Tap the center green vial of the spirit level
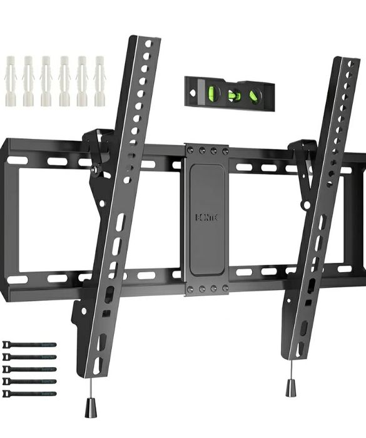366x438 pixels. [x=235, y=95]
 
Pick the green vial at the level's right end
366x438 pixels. [x=255, y=96]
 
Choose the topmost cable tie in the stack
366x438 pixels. [x=29, y=345]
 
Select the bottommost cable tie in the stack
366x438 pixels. [x=29, y=393]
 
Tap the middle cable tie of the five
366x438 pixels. [x=29, y=369]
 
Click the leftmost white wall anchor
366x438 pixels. [x=11, y=81]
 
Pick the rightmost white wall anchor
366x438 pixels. [x=99, y=81]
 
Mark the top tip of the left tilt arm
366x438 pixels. [x=146, y=39]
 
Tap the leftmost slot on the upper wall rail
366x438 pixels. [x=17, y=160]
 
